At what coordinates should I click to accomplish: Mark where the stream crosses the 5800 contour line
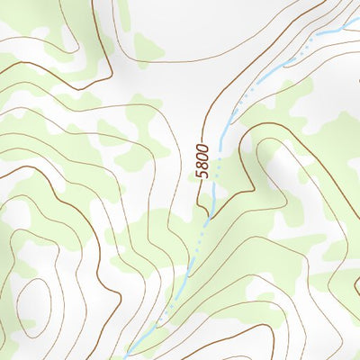[208, 217]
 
